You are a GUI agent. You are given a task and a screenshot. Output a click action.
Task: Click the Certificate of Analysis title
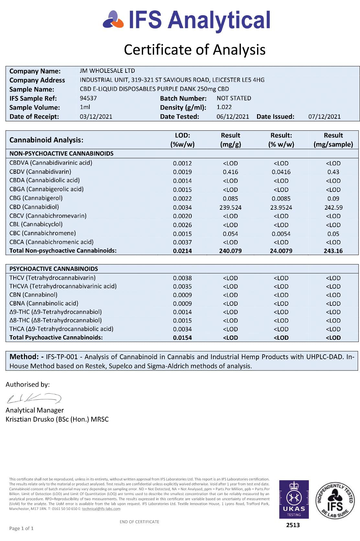[195, 50]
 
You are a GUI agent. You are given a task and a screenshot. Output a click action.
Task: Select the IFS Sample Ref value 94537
[88, 98]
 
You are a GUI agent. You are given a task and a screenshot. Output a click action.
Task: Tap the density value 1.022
[224, 107]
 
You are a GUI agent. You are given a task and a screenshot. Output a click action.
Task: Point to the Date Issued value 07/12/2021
[324, 116]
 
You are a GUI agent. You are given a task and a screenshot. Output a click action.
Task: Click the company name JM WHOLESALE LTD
[107, 71]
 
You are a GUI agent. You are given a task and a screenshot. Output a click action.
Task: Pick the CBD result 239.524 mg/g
[230, 207]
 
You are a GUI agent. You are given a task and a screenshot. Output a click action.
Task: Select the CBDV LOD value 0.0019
[182, 172]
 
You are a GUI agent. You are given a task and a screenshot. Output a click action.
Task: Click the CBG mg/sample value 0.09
[333, 199]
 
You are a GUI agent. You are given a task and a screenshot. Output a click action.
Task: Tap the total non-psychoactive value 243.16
[333, 251]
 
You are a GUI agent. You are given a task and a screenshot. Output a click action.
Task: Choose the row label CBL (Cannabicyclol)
[36, 224]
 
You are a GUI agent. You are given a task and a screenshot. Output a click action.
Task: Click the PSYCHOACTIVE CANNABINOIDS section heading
[53, 269]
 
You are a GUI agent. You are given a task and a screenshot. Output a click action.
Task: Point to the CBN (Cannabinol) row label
[33, 295]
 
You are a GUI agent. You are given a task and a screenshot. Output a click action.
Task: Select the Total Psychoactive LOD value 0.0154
[182, 338]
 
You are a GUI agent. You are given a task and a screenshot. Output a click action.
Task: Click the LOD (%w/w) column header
[182, 140]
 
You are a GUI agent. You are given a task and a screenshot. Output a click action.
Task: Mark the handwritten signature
[34, 398]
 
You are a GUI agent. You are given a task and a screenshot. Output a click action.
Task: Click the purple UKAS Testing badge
[294, 499]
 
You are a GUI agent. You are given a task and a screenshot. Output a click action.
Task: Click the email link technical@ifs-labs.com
[101, 509]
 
